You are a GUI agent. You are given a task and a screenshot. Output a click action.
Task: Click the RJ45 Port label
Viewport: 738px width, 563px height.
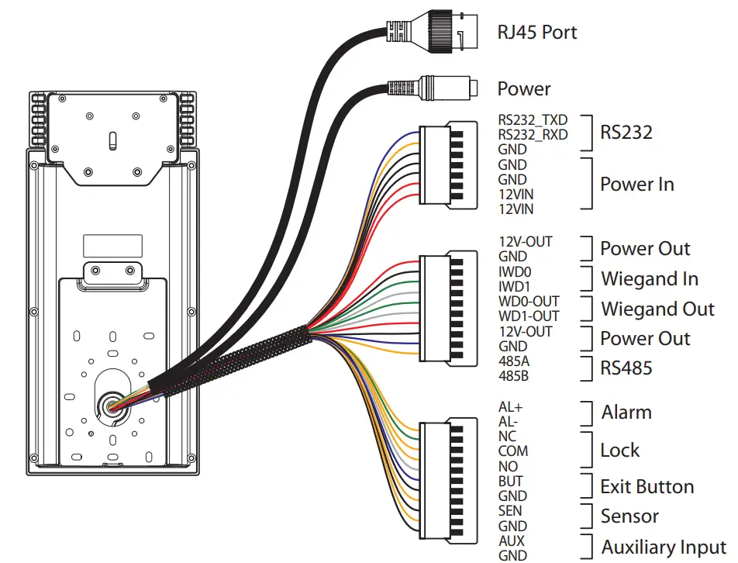tap(536, 33)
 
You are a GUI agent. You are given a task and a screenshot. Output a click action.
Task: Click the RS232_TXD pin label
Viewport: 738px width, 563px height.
tap(533, 120)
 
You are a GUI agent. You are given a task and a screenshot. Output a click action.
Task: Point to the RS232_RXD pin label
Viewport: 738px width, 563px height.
tap(533, 135)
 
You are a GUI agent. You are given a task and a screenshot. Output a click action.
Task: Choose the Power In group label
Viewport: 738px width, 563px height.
tap(636, 185)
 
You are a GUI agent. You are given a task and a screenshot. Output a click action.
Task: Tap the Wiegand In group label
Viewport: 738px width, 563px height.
tap(649, 278)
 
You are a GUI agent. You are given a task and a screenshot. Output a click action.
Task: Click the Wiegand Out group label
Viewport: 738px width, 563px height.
tap(657, 309)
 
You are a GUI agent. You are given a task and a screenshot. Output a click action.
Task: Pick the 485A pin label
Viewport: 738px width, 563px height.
tap(512, 361)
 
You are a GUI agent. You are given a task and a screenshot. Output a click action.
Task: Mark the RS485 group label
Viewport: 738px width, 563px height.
tap(626, 368)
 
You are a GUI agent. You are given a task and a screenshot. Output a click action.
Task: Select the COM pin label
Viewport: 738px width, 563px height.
tap(513, 451)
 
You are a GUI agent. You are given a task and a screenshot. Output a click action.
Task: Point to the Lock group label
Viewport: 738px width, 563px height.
tap(619, 451)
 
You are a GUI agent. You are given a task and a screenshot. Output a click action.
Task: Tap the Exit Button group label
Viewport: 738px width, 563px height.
tap(647, 487)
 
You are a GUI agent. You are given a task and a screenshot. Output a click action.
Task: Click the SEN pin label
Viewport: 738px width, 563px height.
tap(510, 511)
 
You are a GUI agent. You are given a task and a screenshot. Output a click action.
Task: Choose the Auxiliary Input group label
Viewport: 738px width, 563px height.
tap(664, 547)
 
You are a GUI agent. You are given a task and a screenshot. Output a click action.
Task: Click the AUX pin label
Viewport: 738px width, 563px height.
tap(512, 541)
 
